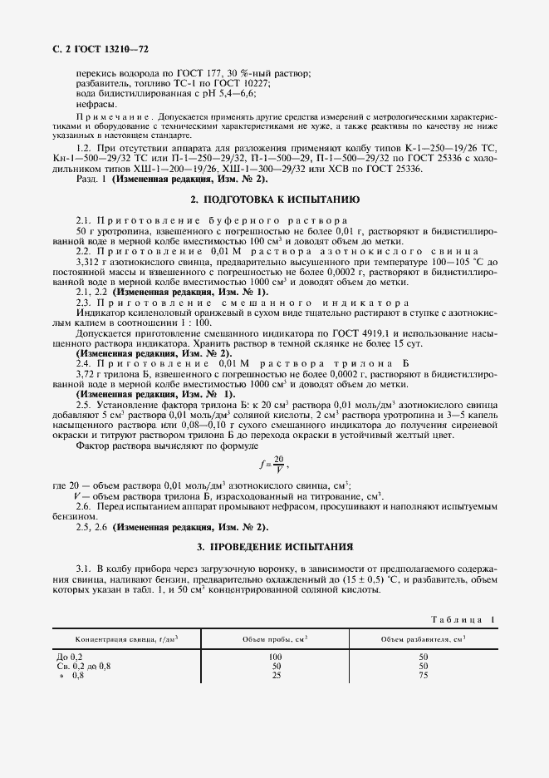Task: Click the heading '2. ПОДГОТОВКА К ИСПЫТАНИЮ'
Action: tap(274, 200)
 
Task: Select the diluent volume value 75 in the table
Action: tap(423, 675)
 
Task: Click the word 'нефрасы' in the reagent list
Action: tap(96, 104)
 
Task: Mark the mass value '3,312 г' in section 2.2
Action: tap(91, 262)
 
